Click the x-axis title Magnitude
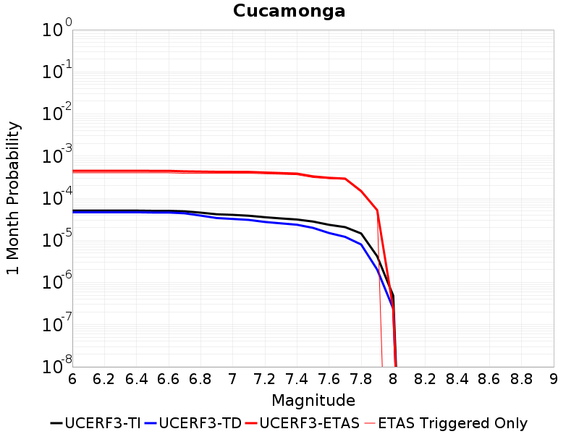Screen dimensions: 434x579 313,400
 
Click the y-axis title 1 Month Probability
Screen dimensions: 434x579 13,197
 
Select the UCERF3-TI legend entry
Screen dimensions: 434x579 95,423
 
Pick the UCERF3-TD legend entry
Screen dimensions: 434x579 193,423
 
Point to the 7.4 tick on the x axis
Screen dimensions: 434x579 297,379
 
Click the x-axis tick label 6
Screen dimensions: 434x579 72,379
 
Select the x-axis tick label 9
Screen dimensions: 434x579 554,379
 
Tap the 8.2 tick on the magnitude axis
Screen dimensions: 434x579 426,379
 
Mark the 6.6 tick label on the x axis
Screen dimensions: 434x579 169,379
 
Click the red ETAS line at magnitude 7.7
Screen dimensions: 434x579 345,179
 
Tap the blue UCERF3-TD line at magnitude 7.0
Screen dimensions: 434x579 233,218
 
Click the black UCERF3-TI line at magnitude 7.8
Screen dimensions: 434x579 361,234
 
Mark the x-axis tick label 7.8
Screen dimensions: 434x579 361,379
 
